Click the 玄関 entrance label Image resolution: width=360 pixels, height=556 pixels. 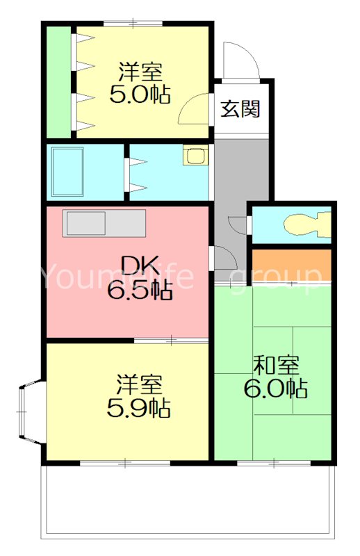coord(241,108)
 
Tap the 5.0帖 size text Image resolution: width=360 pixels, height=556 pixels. coord(140,94)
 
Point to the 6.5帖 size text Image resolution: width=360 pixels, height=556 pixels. coord(140,291)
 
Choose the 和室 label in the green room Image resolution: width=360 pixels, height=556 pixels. coord(275,363)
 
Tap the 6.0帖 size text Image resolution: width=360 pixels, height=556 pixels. coord(275,389)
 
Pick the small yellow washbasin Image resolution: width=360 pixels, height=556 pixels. coord(194,156)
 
